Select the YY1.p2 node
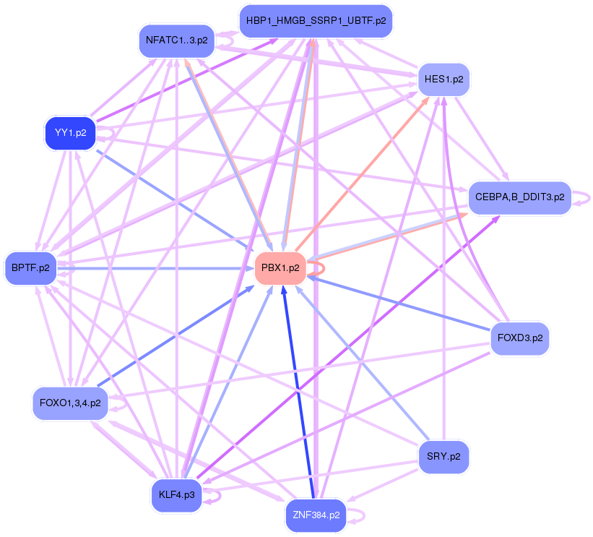[x=70, y=133]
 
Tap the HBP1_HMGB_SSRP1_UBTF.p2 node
[x=316, y=22]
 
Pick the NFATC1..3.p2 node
[x=176, y=40]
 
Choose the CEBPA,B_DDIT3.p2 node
[x=519, y=197]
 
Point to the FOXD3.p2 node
[x=520, y=338]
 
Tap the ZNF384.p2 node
[x=316, y=515]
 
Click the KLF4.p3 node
[x=176, y=496]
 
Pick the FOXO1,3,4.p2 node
[x=70, y=403]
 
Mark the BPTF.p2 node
[x=30, y=267]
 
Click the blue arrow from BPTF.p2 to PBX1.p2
[x=159, y=267]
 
